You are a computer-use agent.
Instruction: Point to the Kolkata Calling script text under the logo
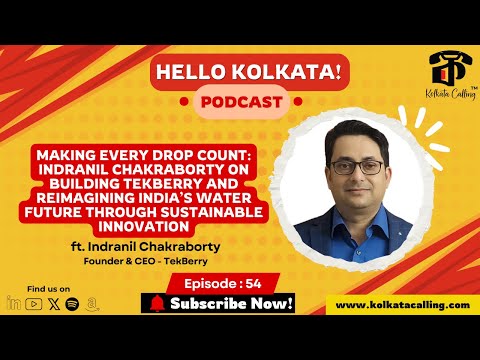[x=440, y=90]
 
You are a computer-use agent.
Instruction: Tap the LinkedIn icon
[x=13, y=303]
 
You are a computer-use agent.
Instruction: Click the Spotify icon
[x=72, y=303]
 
